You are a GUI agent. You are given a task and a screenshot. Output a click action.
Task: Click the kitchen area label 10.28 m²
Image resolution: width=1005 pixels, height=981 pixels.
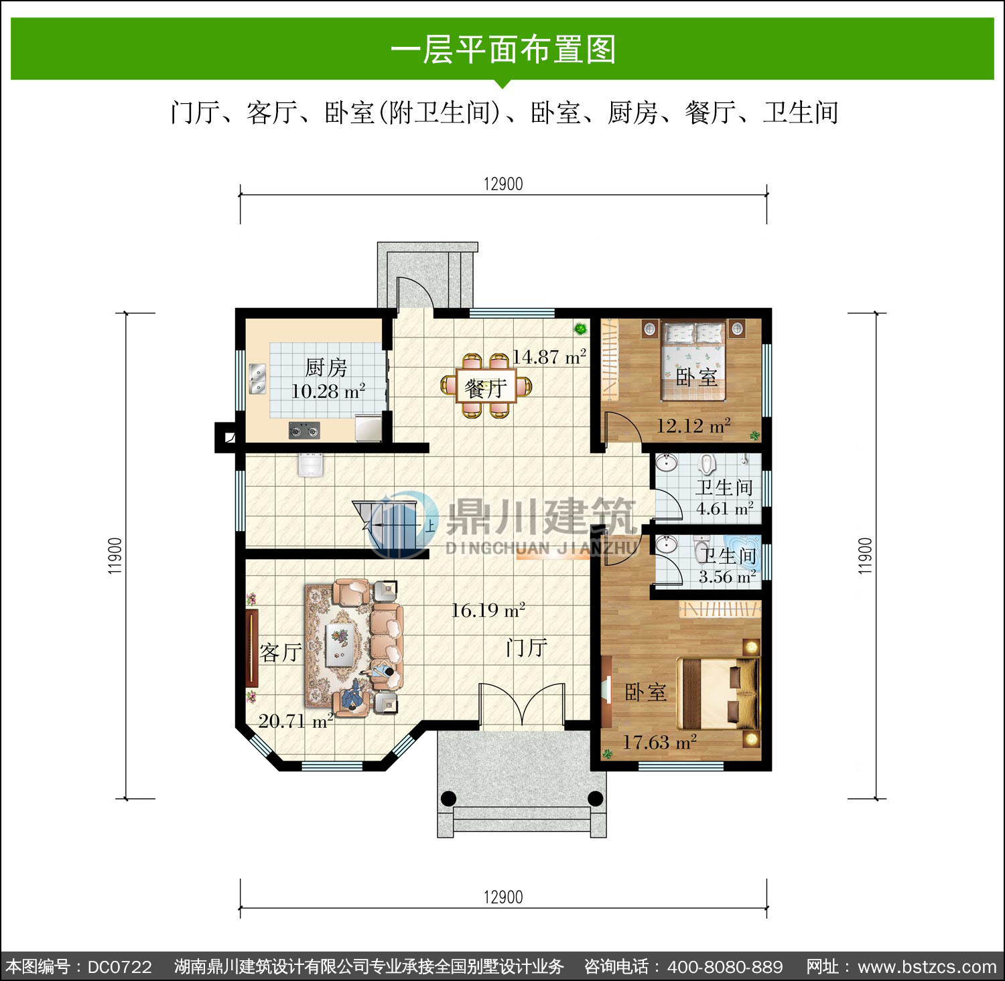coord(328,390)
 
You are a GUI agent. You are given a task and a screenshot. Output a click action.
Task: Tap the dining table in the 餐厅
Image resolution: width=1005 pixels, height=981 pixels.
coord(486,386)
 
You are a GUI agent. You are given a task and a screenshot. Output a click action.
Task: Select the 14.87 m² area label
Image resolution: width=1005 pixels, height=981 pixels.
coord(549,356)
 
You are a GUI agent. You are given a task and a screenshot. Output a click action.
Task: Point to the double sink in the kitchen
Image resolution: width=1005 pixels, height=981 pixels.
coord(257,379)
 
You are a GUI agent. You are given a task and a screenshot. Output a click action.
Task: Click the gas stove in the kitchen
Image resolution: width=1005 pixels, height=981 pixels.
coord(304,430)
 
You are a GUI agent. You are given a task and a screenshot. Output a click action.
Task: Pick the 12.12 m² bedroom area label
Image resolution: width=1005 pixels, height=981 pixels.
coord(693,425)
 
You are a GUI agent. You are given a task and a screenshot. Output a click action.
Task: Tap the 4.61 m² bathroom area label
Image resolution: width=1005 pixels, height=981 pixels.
coord(724,509)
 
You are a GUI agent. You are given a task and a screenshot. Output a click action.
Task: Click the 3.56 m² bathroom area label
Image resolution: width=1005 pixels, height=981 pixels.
coord(727,577)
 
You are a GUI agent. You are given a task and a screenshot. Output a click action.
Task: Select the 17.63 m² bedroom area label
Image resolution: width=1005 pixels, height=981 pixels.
coord(659,742)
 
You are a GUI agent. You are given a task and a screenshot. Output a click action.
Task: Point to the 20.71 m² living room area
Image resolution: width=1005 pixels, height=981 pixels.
coord(295,721)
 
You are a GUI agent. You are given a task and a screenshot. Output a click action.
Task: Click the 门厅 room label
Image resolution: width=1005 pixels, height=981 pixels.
coord(527,648)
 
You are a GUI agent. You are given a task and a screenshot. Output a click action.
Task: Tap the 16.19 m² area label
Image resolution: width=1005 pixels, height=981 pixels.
coord(487,610)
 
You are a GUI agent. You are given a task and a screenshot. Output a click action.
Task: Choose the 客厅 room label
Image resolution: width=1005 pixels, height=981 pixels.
coord(280,652)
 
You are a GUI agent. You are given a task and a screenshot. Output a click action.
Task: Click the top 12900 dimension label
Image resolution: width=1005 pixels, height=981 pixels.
coord(503,184)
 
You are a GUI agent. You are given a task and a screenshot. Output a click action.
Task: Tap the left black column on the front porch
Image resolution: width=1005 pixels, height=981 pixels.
coord(448,798)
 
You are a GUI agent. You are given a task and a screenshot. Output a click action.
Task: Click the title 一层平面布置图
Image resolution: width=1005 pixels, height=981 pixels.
coord(503,50)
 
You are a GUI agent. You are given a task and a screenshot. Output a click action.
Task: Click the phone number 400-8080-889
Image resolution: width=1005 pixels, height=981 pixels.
coord(725,967)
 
